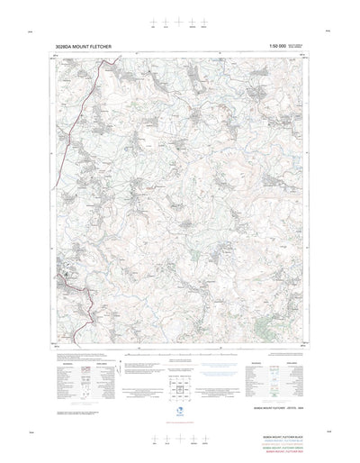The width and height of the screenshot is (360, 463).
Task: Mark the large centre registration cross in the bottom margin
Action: click(x=180, y=440)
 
